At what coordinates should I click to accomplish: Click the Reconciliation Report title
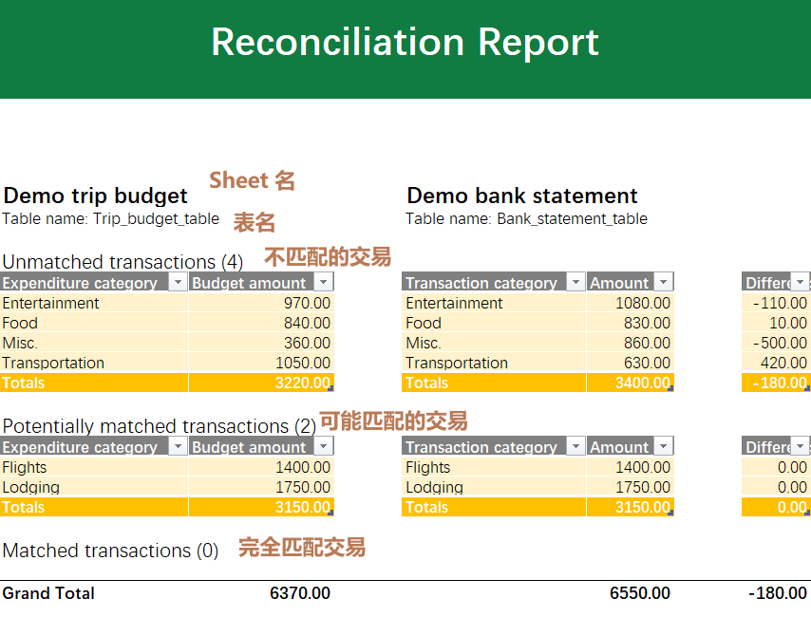pos(405,43)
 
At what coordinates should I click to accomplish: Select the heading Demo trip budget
pos(96,196)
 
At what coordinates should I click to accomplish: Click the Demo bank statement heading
pos(521,196)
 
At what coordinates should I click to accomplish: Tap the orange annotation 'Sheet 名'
pos(253,179)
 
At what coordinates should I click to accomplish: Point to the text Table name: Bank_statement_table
pos(526,218)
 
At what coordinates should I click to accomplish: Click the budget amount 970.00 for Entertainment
pos(307,303)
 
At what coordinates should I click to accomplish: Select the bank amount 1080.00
pos(643,303)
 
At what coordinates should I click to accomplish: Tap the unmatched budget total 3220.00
pos(301,383)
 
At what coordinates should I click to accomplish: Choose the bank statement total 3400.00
pos(643,383)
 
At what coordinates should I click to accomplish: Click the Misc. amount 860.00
pos(647,343)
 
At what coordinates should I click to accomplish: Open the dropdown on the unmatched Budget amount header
pos(324,282)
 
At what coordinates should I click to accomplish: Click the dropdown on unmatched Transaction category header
pos(575,282)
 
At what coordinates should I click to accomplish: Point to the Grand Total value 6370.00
pos(300,593)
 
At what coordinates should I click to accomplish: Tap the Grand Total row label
pos(48,593)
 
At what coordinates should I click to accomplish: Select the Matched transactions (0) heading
pos(110,551)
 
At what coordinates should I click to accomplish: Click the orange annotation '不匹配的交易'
pos(328,257)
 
